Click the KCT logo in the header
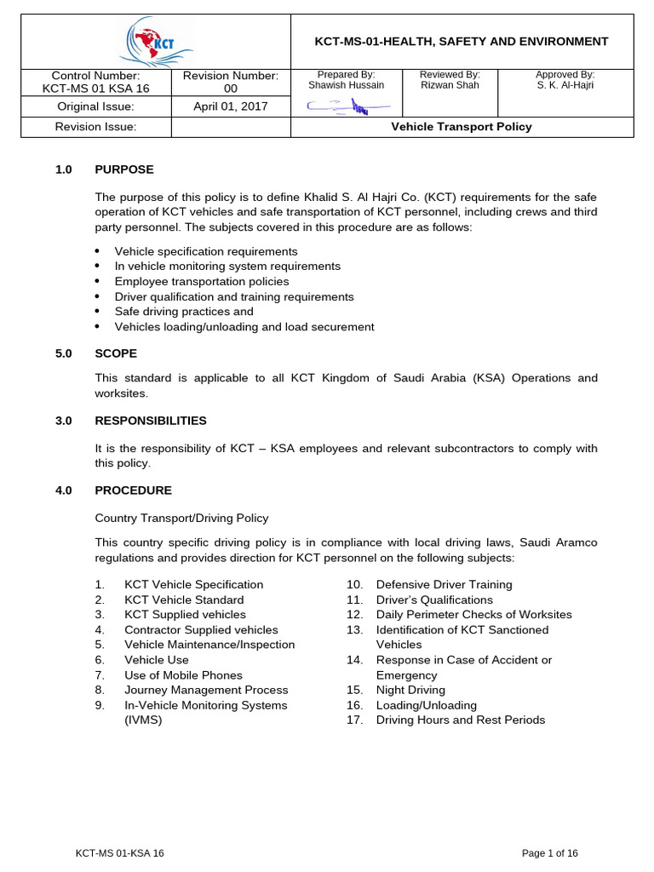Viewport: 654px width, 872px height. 156,42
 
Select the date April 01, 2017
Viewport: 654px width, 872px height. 231,106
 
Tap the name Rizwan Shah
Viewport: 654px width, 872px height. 450,85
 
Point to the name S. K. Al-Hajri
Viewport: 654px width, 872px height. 565,85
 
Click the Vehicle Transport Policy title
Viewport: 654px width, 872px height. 461,127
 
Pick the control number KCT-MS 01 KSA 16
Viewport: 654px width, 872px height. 95,89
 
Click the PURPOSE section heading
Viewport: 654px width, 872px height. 124,169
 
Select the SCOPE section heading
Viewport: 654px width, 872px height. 116,353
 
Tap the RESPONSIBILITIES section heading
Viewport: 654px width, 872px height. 150,421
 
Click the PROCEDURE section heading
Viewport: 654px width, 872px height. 133,490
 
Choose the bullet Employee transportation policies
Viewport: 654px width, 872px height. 202,282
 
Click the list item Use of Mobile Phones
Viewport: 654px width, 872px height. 183,675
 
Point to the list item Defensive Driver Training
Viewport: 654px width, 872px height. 444,585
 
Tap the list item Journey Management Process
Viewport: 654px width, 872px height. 206,690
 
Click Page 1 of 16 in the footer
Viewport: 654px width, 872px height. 549,853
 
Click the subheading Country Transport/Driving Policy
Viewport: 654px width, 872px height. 181,518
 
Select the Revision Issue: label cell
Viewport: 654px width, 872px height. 95,127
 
